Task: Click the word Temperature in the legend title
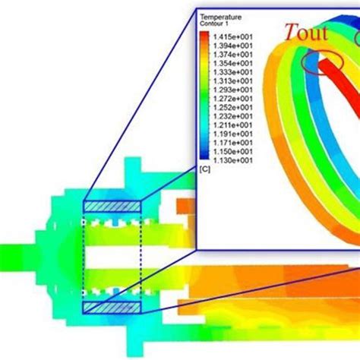tap(221, 17)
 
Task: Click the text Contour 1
tap(214, 24)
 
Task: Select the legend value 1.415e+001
tap(233, 37)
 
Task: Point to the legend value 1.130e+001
tap(233, 160)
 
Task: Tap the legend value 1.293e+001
tap(233, 90)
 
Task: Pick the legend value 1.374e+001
tap(233, 55)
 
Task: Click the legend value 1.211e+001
tap(233, 125)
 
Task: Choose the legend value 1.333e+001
tap(233, 72)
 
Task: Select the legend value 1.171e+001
tap(233, 143)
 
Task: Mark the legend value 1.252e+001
tap(233, 108)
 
